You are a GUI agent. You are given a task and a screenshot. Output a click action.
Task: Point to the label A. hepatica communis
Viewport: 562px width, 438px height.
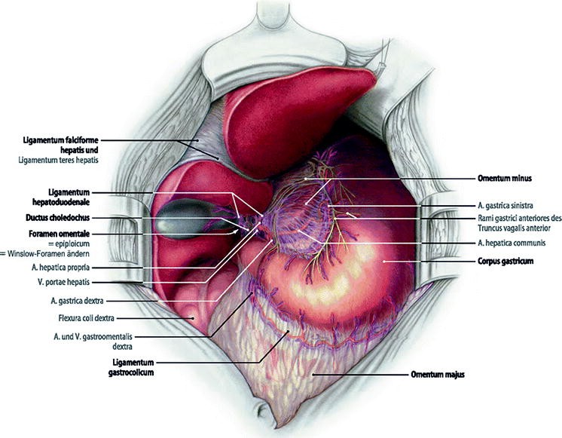(512, 243)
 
